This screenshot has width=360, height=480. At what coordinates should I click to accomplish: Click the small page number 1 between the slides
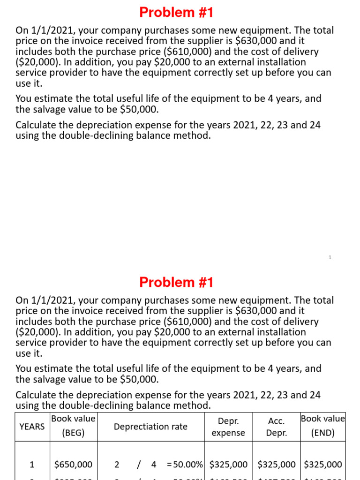(x=330, y=257)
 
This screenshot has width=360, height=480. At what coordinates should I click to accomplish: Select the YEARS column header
(x=32, y=426)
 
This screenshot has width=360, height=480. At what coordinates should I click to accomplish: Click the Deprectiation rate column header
(x=150, y=426)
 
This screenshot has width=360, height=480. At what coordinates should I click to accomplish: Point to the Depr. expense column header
(x=228, y=427)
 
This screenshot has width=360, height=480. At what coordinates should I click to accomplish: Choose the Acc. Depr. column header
(x=277, y=427)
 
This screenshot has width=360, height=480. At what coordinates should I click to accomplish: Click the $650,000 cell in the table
(x=73, y=465)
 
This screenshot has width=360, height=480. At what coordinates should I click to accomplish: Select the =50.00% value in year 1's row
(x=185, y=465)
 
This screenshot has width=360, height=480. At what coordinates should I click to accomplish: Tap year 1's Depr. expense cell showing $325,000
(x=228, y=465)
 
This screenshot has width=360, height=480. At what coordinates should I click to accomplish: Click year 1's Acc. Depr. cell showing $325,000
(x=277, y=465)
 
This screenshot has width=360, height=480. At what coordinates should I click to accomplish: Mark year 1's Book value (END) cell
(x=322, y=465)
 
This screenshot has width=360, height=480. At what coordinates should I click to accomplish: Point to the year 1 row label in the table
(x=32, y=465)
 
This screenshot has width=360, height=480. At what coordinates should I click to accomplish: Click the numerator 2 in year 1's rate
(x=117, y=465)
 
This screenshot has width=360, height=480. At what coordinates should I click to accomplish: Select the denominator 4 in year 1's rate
(x=153, y=465)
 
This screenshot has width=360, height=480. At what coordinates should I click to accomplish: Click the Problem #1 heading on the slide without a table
(x=176, y=12)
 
